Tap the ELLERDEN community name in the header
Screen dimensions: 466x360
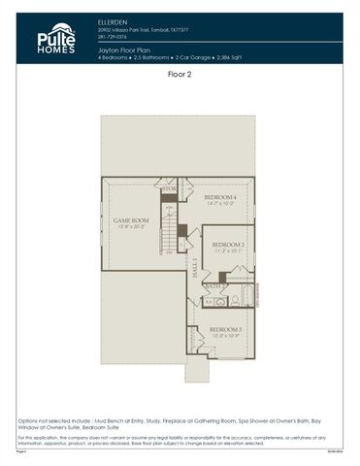point(112,19)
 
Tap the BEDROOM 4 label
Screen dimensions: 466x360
point(220,197)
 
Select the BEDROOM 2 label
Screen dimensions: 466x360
point(228,244)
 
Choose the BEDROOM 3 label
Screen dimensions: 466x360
point(225,330)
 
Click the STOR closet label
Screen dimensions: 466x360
point(169,188)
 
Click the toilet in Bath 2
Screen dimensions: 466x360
point(210,302)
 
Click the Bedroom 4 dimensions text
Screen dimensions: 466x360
point(220,204)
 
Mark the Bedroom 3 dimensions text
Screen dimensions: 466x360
point(225,337)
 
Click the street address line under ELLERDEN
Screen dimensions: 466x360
point(134,26)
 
